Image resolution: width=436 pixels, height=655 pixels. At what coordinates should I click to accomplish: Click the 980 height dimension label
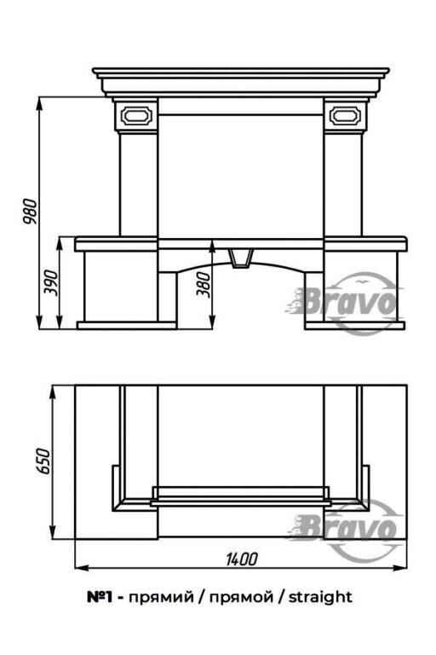tap(31, 212)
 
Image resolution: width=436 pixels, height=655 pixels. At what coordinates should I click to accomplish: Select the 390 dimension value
tap(51, 283)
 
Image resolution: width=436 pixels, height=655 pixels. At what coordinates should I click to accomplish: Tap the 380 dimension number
tap(204, 285)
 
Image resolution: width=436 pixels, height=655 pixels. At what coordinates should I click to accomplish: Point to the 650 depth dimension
tap(43, 461)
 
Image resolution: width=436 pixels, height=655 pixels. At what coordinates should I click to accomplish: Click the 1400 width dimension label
tap(242, 559)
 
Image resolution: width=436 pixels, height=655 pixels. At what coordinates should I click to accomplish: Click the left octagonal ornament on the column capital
tap(136, 115)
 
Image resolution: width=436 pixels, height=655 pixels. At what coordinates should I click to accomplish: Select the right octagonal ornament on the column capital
tap(345, 115)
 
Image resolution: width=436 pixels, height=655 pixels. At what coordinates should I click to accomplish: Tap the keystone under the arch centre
tap(242, 258)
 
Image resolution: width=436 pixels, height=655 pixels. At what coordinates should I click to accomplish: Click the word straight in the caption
tap(320, 597)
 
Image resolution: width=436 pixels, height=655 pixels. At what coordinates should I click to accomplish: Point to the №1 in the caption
tap(100, 597)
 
